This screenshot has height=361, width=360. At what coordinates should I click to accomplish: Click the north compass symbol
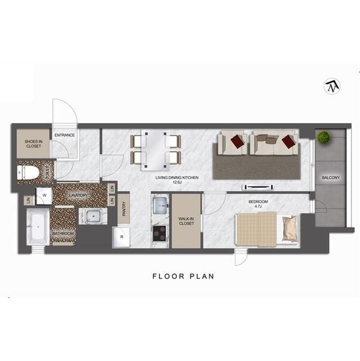pos(332,86)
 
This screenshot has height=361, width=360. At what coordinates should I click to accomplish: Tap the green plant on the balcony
pos(323,137)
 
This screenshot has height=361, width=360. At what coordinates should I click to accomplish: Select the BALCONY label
pos(331,178)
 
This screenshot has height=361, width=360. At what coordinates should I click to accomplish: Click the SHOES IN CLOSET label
pos(33,143)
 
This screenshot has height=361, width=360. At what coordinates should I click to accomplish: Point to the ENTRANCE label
pos(65,135)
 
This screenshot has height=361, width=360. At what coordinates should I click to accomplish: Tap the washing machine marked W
pos(44,196)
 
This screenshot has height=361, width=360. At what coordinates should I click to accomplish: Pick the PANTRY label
pos(124,208)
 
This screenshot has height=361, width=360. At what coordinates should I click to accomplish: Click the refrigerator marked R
pos(122,237)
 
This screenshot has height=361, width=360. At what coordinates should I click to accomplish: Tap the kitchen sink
pos(160,205)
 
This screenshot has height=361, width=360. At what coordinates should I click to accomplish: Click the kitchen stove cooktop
pos(160,232)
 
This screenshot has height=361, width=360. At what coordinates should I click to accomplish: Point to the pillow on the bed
pos(290,228)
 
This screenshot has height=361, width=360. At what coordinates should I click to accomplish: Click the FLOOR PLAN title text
pos(184,276)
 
